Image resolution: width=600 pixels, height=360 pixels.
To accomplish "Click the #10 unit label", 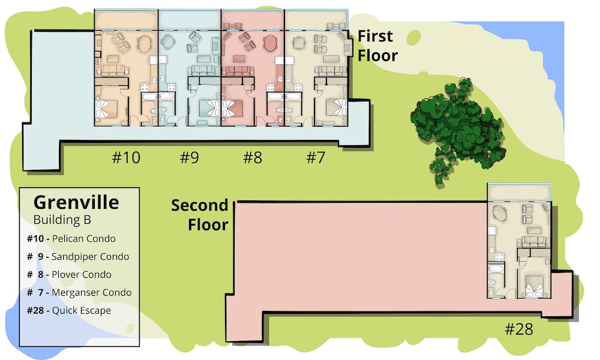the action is (x=126, y=157).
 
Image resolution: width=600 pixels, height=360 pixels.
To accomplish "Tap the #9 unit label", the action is (x=190, y=157).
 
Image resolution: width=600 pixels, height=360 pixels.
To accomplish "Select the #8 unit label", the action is (x=253, y=157).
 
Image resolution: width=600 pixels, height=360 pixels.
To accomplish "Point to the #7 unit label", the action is (x=316, y=157).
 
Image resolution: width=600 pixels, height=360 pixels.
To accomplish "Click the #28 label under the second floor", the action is (x=519, y=329).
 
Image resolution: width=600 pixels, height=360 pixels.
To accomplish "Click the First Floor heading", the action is (x=377, y=46).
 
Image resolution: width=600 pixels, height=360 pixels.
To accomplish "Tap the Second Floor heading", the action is (x=200, y=215).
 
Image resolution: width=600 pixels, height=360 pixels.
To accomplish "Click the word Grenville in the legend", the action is (x=76, y=202).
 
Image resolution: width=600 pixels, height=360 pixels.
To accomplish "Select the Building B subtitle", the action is (x=62, y=220).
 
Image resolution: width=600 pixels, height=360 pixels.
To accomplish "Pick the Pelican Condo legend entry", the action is (x=71, y=239).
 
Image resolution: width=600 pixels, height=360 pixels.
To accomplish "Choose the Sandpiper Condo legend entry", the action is (x=77, y=257).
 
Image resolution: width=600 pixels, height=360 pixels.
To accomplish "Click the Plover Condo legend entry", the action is (x=69, y=275).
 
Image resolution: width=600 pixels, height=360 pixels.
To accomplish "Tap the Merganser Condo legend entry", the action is (x=79, y=293).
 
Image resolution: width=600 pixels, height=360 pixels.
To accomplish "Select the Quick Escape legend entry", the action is (x=69, y=311).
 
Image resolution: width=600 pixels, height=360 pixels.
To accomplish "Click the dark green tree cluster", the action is (x=458, y=128).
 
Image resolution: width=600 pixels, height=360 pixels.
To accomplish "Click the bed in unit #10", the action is (x=107, y=109).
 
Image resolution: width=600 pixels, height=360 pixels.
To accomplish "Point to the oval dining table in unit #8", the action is (x=270, y=43).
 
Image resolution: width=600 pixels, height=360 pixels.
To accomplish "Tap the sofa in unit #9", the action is (x=203, y=70).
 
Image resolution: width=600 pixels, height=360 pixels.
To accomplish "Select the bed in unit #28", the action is (x=535, y=286).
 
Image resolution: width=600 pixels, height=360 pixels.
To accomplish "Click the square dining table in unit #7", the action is (x=299, y=43).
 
